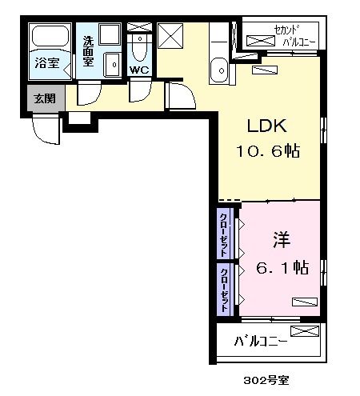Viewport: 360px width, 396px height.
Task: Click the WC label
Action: click(139, 70)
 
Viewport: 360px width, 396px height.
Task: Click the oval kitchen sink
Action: click(218, 71)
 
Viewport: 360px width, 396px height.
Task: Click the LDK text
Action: click(266, 126)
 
